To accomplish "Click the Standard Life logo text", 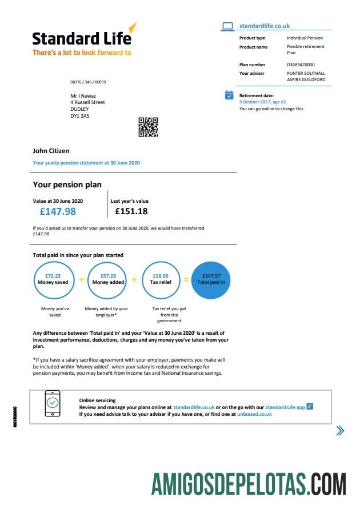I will [82, 38].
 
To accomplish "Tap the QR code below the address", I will [148, 127].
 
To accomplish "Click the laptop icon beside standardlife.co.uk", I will [227, 26].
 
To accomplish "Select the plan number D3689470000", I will [301, 65].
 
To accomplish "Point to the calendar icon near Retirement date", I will [229, 95].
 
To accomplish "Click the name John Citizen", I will [51, 151].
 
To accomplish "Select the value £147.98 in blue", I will [58, 211].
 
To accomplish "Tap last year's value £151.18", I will [131, 211].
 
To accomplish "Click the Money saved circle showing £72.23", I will [53, 279].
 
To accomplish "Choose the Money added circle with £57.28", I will [108, 279].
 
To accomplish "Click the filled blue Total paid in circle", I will [211, 279].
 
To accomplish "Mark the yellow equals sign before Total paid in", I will [186, 279].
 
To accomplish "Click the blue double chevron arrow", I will [340, 431].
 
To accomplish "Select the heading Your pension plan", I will [67, 185].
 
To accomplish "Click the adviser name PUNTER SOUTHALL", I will [306, 73].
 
